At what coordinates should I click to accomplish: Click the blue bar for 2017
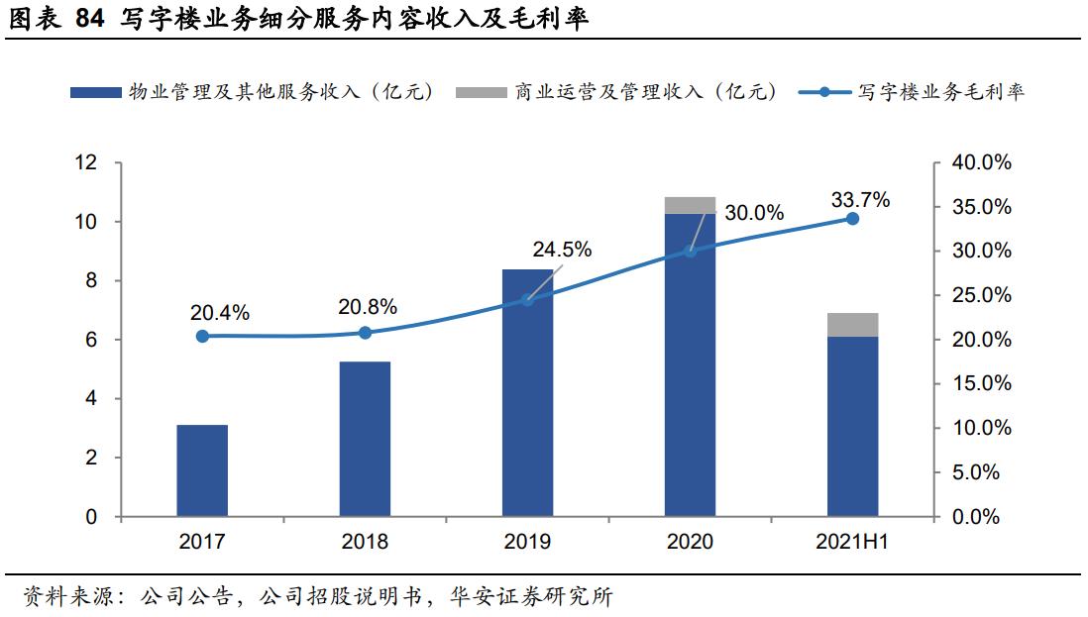pos(202,471)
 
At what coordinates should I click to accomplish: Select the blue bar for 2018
pos(365,440)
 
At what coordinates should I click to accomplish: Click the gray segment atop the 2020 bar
pos(690,205)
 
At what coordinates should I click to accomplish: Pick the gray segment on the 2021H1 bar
pos(852,325)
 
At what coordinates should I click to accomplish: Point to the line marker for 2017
pos(202,336)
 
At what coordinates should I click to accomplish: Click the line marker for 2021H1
pos(852,218)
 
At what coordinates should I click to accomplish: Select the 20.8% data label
pos(367,306)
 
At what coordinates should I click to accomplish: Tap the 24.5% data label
pos(562,250)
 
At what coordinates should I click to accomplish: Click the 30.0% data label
pos(754,213)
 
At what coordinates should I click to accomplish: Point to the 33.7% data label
pos(860,200)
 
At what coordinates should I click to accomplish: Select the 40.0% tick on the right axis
pos(981,163)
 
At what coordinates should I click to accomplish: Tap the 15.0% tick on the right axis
pos(981,384)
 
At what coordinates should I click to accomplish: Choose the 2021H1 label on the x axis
pos(852,542)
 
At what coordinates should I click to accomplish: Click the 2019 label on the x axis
pos(527,542)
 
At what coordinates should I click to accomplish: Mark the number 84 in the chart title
pos(89,19)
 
